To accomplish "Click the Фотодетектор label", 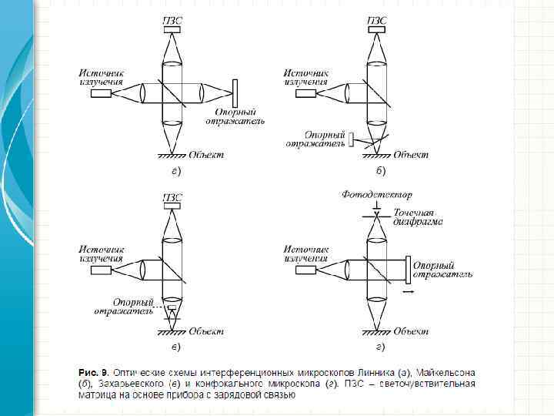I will (377, 195).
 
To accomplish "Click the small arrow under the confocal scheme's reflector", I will (408, 292).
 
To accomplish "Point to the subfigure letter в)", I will (175, 347).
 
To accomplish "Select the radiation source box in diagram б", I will (305, 93).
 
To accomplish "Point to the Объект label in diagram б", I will (410, 154).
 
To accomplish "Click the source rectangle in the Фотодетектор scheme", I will (305, 270).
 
